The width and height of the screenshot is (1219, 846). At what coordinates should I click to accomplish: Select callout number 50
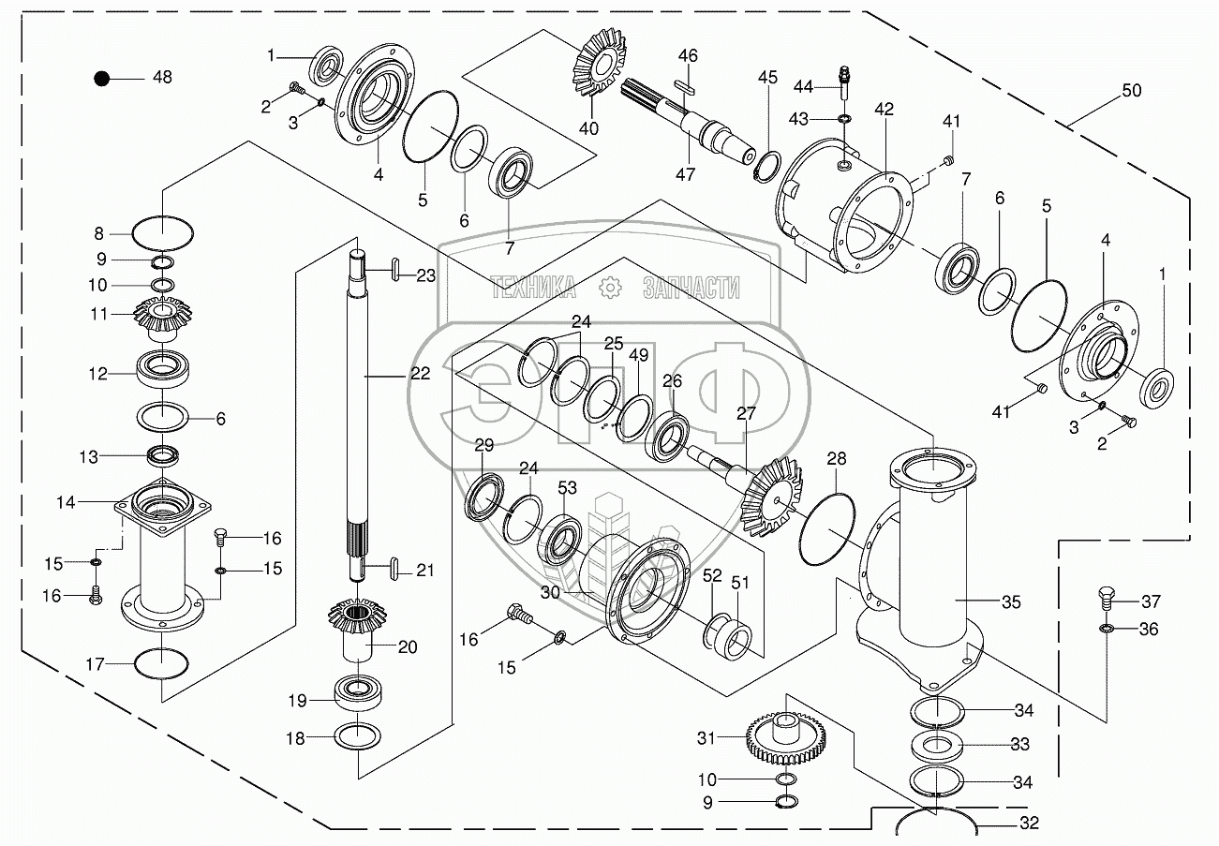click(1132, 91)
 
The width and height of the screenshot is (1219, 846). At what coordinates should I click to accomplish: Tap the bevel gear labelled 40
click(596, 66)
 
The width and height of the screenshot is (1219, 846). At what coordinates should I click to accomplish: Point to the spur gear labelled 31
click(780, 735)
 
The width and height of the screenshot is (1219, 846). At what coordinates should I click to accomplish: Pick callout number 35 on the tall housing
click(1011, 601)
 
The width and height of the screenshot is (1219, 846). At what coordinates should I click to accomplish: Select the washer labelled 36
click(1106, 628)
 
